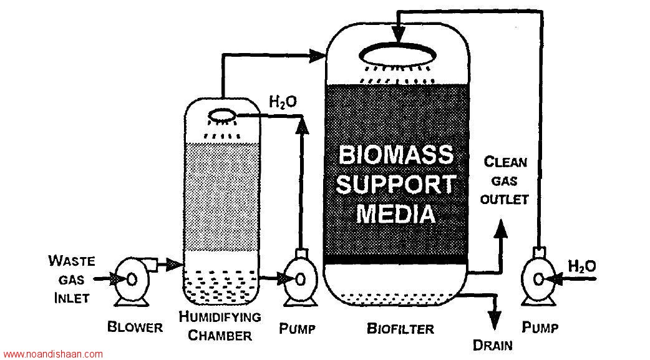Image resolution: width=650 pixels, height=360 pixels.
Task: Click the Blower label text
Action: click(135, 327)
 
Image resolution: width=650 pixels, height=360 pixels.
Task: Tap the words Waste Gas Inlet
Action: click(71, 280)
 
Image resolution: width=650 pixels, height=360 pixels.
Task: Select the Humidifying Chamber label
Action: click(220, 326)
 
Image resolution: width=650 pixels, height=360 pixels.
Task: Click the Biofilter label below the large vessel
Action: click(400, 329)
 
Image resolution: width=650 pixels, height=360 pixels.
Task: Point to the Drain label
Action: click(492, 345)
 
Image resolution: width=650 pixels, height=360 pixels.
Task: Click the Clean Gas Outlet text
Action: click(505, 181)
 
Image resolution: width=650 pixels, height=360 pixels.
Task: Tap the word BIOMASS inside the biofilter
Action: click(396, 155)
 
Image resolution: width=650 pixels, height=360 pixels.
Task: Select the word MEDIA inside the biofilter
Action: click(396, 214)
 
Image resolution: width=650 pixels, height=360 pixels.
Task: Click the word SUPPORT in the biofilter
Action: click(396, 184)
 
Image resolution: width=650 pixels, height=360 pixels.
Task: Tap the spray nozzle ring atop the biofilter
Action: click(397, 54)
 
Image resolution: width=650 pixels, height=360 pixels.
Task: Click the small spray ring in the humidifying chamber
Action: click(222, 115)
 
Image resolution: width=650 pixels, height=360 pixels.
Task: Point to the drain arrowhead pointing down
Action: click(493, 320)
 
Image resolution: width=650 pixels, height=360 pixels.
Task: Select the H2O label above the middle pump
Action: click(283, 102)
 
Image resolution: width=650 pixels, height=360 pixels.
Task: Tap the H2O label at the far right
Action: click(581, 266)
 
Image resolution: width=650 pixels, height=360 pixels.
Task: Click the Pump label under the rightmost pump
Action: click(540, 327)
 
